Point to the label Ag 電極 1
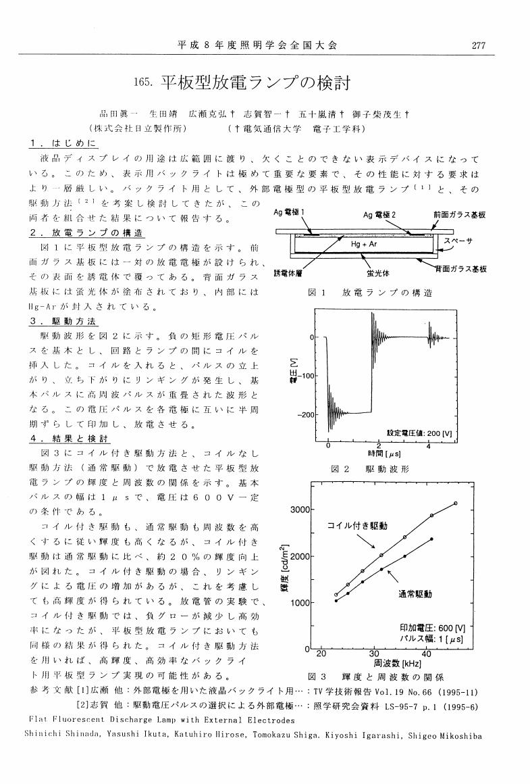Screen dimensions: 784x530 click(x=290, y=212)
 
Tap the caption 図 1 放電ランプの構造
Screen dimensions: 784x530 click(x=370, y=293)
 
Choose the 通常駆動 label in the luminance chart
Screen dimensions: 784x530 click(x=414, y=594)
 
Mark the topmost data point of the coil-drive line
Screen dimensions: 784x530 click(x=456, y=503)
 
